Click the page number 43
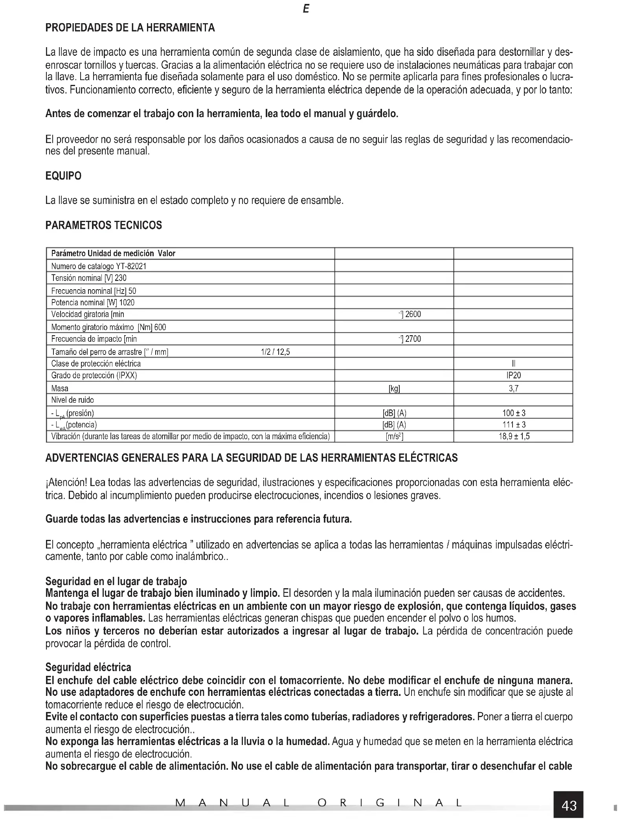(x=569, y=805)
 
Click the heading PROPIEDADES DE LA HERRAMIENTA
(x=130, y=28)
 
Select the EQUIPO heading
(x=63, y=176)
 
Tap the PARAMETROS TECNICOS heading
(x=104, y=225)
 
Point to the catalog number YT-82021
(x=129, y=266)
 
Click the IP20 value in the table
(x=513, y=375)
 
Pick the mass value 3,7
(x=513, y=388)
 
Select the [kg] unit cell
(x=394, y=388)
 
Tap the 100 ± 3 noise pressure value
(x=514, y=413)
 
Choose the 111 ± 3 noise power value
(x=514, y=424)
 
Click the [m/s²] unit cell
(x=394, y=436)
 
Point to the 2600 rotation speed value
(x=413, y=314)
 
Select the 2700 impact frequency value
(x=413, y=339)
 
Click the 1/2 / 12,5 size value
(x=275, y=352)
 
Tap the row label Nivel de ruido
(x=73, y=400)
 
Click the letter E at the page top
(x=306, y=9)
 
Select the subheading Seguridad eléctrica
(x=88, y=667)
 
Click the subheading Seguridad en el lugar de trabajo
(x=116, y=581)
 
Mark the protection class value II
(x=514, y=363)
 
